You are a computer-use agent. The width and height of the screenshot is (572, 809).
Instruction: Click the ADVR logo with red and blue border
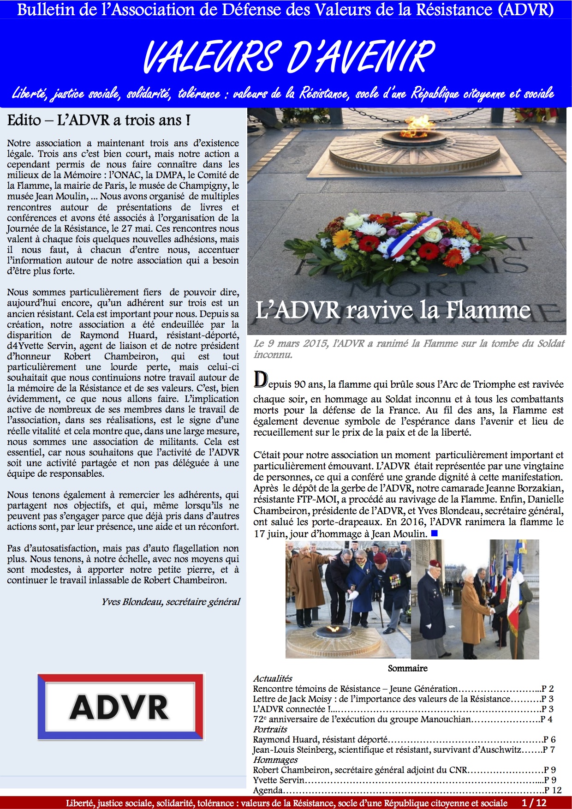pos(120,707)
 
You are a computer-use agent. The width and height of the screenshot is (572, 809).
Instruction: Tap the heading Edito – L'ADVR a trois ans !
pos(99,120)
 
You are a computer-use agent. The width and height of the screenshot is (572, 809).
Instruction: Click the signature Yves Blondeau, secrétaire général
pos(171,602)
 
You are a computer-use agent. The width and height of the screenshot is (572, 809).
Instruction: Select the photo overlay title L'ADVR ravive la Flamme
pos(393,310)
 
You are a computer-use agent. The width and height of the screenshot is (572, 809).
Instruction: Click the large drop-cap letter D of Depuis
pos(261,379)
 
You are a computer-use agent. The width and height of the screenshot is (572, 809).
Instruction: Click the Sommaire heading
pos(407,668)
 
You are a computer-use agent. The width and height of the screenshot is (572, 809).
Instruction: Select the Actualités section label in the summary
pos(273,678)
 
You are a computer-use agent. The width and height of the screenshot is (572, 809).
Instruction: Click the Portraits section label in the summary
pos(270,729)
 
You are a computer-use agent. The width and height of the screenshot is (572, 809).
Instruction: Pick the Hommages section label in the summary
pos(275,760)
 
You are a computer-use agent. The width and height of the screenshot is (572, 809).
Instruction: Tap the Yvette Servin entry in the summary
pos(279,780)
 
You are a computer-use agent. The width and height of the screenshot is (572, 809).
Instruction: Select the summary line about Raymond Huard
pos(320,739)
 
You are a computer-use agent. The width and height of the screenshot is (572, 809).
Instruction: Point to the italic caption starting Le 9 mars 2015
pos(409,349)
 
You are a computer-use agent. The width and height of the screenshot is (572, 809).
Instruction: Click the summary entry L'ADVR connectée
pos(292,709)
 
